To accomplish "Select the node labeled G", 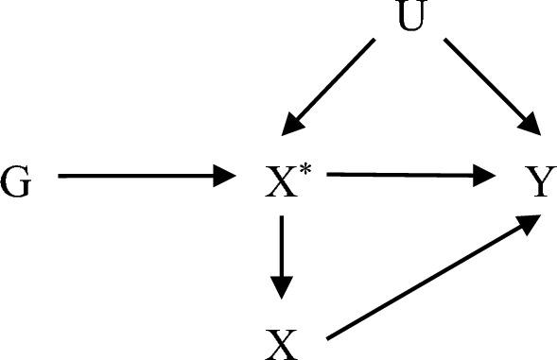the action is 16,181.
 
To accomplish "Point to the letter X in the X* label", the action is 281,181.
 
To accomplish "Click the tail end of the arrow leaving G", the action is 59,176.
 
